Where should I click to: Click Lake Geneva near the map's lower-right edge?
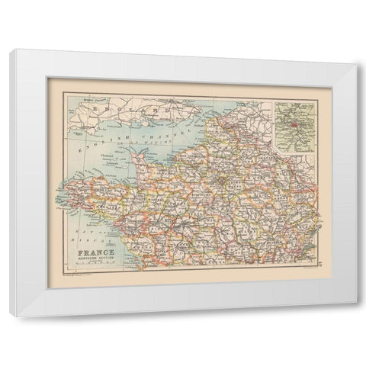pyautogui.click(x=308, y=249)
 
